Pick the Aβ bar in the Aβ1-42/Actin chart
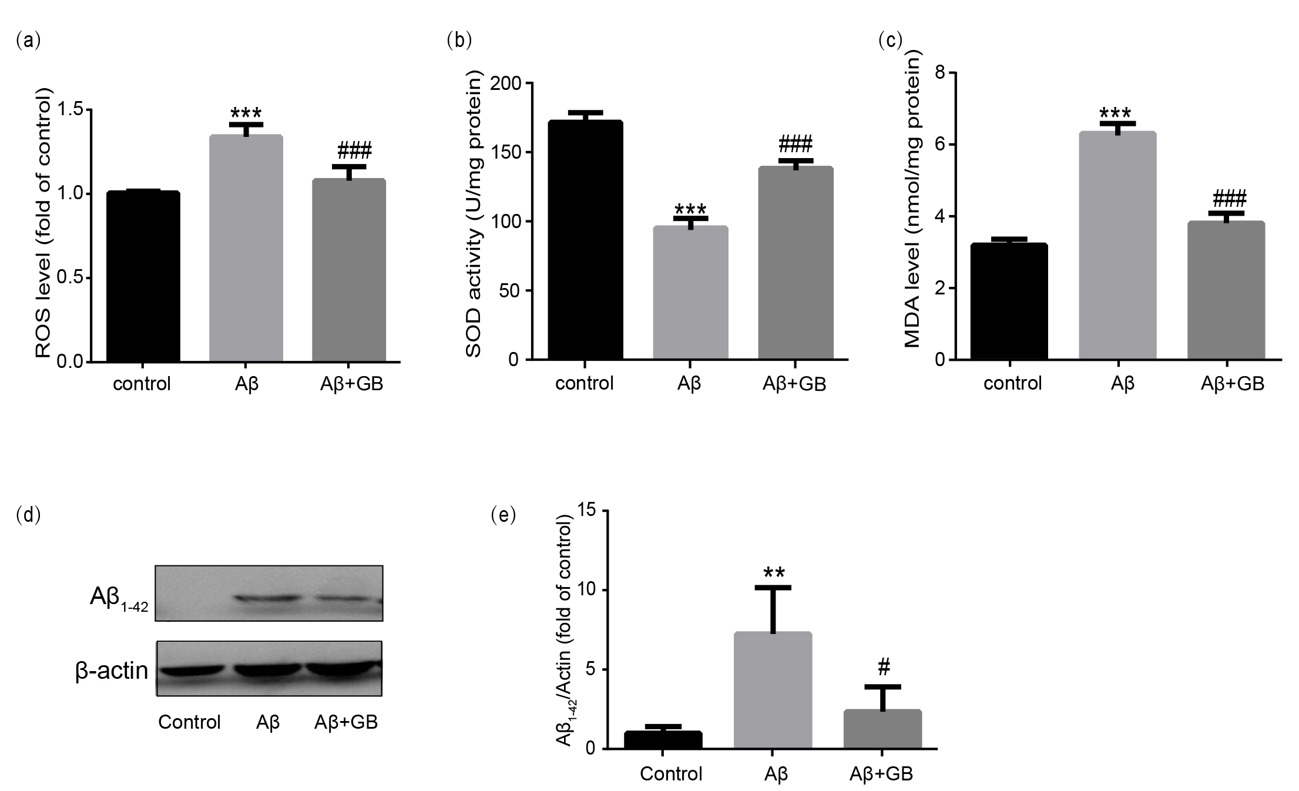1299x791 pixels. (773, 690)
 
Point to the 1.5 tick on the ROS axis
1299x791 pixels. (75, 110)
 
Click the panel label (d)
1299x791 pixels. (28, 515)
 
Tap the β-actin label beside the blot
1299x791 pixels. (112, 671)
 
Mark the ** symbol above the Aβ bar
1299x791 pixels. (774, 572)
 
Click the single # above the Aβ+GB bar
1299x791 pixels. (884, 667)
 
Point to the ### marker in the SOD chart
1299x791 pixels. (795, 143)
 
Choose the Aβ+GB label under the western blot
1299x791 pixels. (346, 722)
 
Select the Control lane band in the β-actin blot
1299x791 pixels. (191, 670)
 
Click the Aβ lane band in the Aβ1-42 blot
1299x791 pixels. (268, 599)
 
